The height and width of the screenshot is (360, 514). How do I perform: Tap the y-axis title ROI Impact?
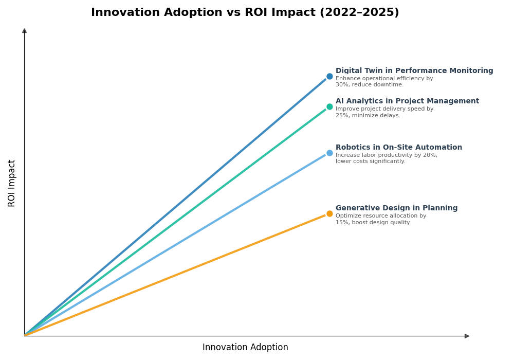pos(12,183)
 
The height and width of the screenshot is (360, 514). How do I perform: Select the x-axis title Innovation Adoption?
pos(245,348)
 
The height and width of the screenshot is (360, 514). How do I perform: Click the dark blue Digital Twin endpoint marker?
pos(329,77)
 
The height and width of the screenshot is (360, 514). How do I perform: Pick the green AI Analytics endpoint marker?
pos(329,107)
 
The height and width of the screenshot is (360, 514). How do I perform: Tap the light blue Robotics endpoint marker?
pos(329,153)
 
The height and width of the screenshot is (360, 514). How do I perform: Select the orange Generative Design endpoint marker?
pos(329,214)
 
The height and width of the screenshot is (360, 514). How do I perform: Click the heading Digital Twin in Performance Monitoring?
pos(414,71)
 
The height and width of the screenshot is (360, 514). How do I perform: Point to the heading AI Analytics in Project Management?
pos(407,101)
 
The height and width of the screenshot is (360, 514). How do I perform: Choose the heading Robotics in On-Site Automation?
pos(398,148)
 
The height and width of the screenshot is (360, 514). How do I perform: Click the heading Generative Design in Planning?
pos(396,208)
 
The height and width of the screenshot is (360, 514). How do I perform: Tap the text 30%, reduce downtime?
pos(370,85)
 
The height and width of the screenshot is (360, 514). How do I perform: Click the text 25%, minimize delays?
pos(368,116)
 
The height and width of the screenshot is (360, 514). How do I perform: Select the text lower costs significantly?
pos(370,161)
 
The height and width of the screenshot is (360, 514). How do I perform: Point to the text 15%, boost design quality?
pos(373,223)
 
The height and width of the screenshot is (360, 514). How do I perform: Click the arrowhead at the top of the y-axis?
pos(24,31)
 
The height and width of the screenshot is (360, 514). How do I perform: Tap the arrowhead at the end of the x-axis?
pos(467,336)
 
